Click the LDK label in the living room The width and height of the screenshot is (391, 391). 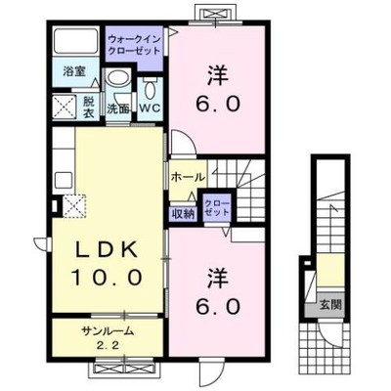108,250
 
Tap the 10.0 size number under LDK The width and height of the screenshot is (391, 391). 108,278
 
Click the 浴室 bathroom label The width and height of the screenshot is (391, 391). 74,71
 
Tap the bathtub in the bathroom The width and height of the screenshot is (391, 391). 76,41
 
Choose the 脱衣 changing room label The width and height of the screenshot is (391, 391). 88,108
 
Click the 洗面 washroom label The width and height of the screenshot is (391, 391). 118,109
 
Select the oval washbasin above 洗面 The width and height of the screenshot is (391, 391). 118,78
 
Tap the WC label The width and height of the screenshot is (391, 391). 150,109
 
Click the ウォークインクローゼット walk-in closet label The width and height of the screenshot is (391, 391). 134,45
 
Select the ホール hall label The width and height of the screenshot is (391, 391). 188,177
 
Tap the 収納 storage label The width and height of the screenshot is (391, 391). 183,214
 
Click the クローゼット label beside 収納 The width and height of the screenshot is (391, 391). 217,207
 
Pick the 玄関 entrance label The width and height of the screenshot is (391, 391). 330,305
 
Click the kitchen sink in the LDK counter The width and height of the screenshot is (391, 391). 64,180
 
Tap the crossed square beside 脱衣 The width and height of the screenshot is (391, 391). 65,107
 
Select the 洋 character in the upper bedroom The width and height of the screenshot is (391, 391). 218,75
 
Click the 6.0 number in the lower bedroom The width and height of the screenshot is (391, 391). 218,306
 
